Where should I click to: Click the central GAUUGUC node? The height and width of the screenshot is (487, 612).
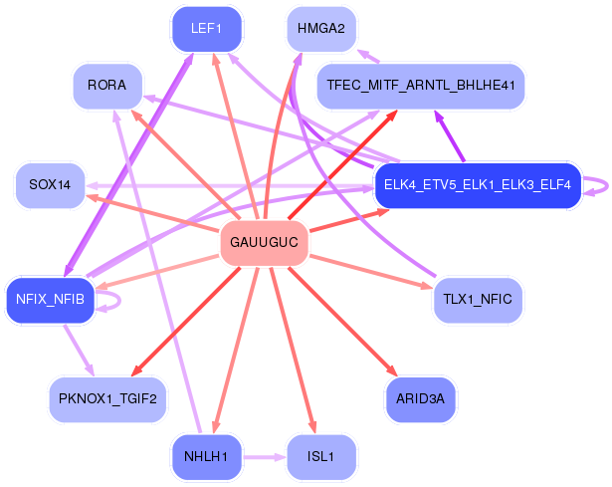(x=265, y=243)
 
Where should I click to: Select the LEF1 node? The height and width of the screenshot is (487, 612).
(x=206, y=29)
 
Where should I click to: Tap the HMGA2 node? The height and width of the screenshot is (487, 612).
(x=321, y=29)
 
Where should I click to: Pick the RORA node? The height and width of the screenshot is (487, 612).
(x=106, y=86)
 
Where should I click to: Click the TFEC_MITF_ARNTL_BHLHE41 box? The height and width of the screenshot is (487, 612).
(x=421, y=86)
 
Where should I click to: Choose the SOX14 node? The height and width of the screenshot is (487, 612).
(x=50, y=184)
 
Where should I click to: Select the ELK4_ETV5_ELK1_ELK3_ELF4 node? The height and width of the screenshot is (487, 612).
(x=478, y=184)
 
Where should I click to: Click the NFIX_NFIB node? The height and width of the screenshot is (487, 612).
(x=50, y=300)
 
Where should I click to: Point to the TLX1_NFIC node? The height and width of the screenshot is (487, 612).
(x=478, y=300)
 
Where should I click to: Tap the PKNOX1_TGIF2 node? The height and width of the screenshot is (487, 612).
(x=107, y=399)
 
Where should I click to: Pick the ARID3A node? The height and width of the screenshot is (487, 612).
(x=420, y=399)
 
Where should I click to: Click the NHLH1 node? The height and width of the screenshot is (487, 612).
(x=206, y=456)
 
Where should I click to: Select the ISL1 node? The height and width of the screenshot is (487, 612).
(x=321, y=456)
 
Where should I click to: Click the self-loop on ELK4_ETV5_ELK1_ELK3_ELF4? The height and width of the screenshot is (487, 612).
(x=607, y=186)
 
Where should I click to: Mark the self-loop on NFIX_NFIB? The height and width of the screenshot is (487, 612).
(x=119, y=301)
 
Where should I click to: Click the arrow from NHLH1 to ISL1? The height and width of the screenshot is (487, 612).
(x=265, y=456)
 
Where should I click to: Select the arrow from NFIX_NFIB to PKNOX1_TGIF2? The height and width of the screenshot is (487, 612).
(x=80, y=350)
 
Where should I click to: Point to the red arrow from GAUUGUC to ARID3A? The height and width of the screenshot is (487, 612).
(x=342, y=321)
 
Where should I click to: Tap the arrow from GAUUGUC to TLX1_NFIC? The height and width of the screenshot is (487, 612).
(x=371, y=272)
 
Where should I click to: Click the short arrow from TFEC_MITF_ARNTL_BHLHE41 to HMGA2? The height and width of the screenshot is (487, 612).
(x=368, y=57)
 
